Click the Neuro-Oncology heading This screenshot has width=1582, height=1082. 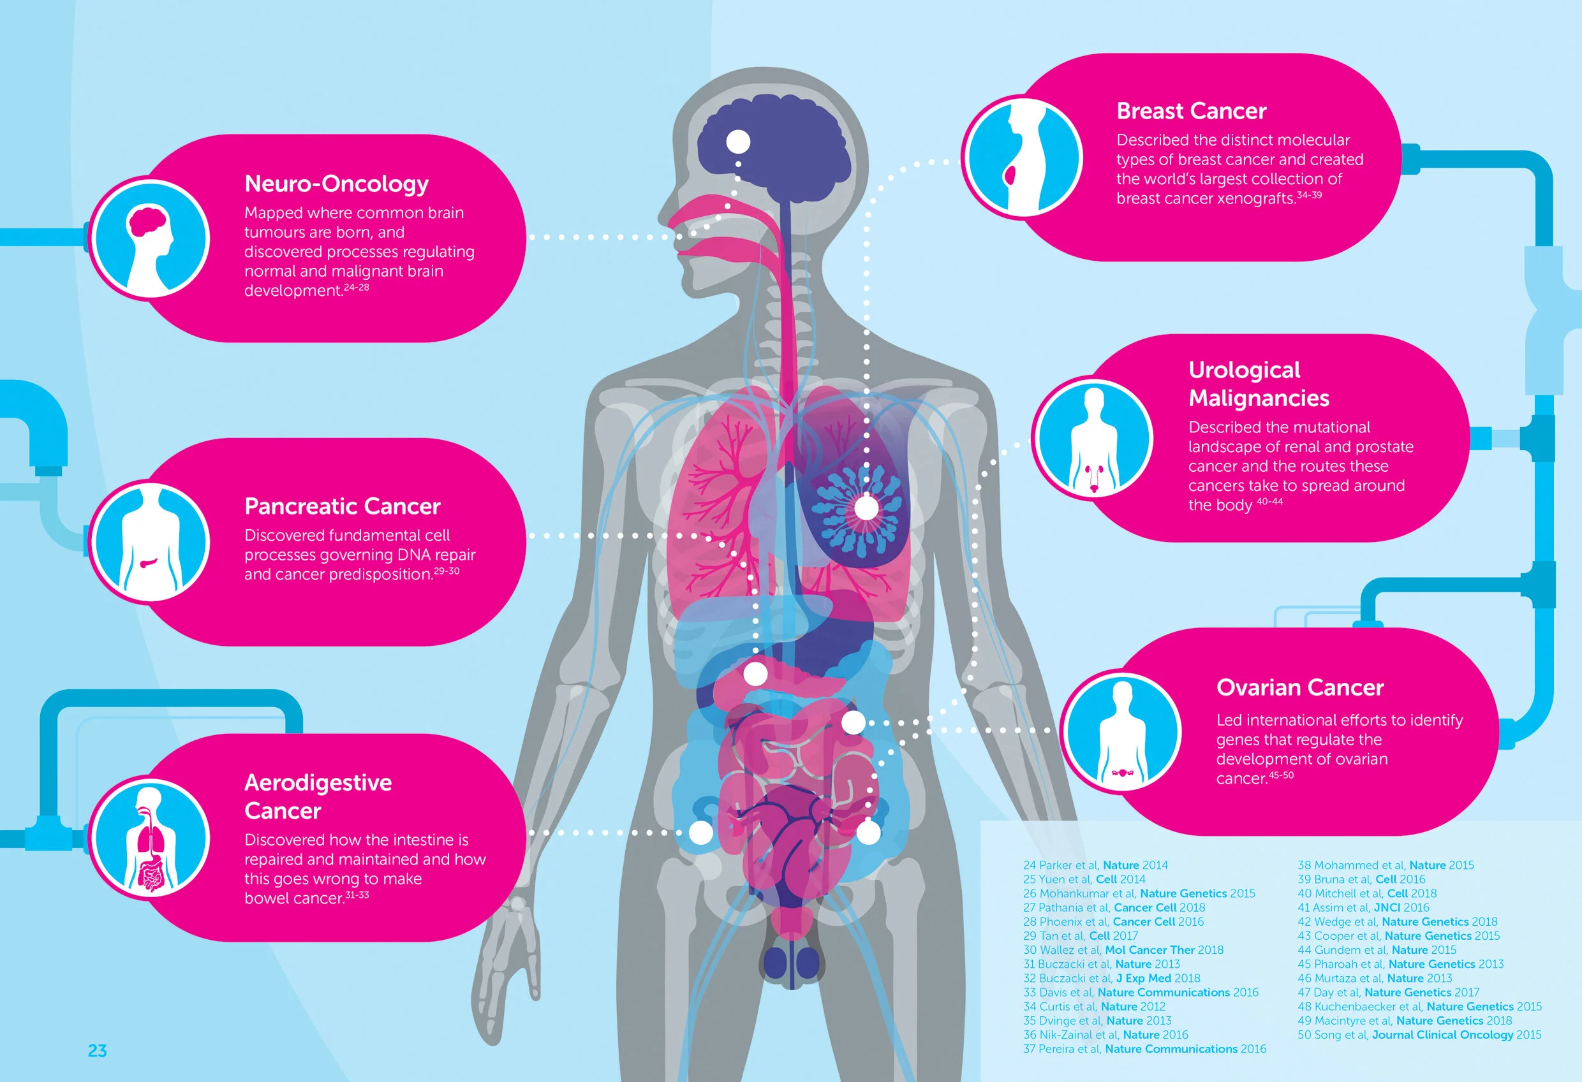[336, 184]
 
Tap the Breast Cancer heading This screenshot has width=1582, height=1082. [1191, 111]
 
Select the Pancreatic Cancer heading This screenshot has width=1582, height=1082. [342, 506]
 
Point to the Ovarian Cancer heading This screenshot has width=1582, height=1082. [1299, 687]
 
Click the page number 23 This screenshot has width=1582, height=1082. [98, 1051]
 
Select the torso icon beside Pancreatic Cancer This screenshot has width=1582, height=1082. [150, 543]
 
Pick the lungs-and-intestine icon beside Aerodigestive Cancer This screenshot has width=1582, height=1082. [150, 838]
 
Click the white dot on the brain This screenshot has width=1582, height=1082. [738, 142]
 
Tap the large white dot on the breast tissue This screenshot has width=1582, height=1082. [866, 508]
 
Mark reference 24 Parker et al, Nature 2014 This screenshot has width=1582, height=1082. [1095, 865]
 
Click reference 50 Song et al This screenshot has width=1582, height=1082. [1419, 1034]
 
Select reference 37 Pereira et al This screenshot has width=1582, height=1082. [1144, 1049]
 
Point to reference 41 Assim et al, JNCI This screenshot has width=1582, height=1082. [1363, 907]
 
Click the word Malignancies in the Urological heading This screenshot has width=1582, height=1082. [1258, 398]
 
